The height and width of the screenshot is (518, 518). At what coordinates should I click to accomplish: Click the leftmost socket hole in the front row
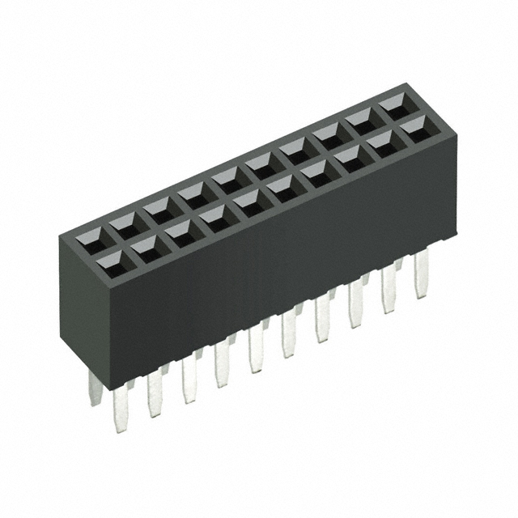[x=108, y=261]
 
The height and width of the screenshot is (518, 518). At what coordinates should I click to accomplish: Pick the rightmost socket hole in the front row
[x=414, y=127]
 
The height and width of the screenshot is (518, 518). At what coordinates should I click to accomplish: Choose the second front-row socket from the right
[x=380, y=142]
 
